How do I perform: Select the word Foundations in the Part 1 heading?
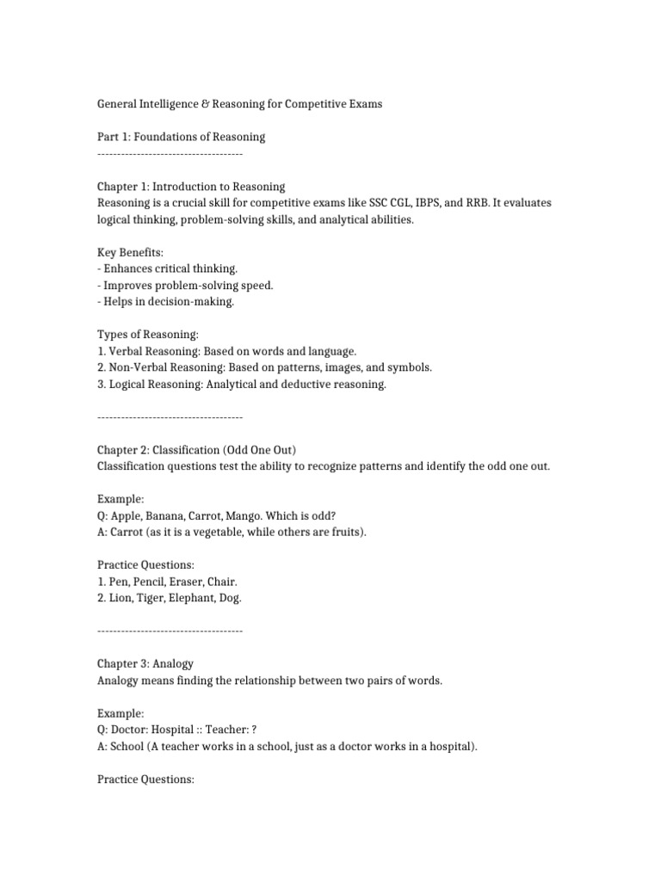click(173, 137)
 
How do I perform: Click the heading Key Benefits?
click(129, 252)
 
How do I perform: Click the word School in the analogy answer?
click(127, 747)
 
